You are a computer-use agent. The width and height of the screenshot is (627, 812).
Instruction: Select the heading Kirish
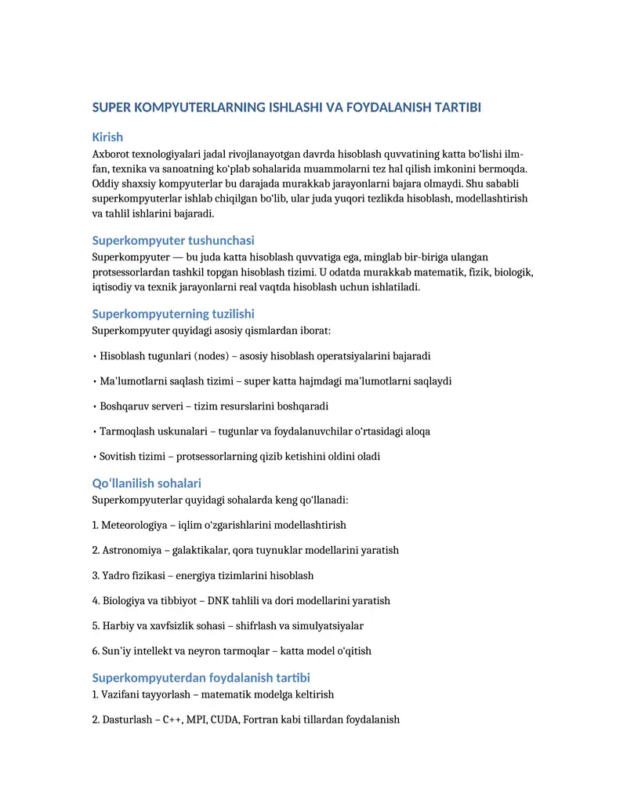pos(107,137)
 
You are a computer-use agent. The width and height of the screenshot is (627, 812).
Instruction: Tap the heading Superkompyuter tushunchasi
pos(173,240)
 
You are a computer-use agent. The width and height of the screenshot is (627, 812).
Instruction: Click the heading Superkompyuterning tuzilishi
pos(173,314)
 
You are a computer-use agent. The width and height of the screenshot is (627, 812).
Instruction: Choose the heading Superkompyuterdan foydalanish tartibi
pos(201,677)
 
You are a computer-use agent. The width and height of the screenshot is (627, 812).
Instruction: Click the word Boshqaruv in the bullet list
pos(125,406)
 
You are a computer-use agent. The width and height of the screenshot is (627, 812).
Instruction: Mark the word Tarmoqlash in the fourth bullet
pos(126,431)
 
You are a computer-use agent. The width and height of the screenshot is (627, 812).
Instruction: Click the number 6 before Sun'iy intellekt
pos(95,650)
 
